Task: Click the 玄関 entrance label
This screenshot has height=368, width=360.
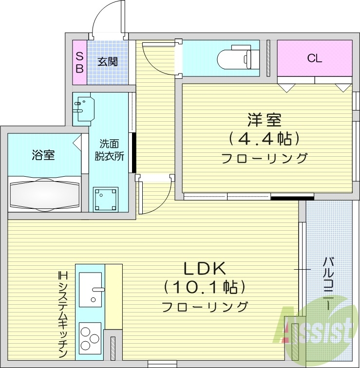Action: click(108, 62)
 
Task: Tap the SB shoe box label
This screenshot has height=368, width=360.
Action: click(79, 62)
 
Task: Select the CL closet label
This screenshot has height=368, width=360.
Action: click(314, 59)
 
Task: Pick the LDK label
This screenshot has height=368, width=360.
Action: click(205, 268)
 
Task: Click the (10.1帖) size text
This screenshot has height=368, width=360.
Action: click(204, 287)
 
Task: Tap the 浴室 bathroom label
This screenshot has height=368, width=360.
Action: click(43, 155)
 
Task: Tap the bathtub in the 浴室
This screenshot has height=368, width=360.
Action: click(44, 194)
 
